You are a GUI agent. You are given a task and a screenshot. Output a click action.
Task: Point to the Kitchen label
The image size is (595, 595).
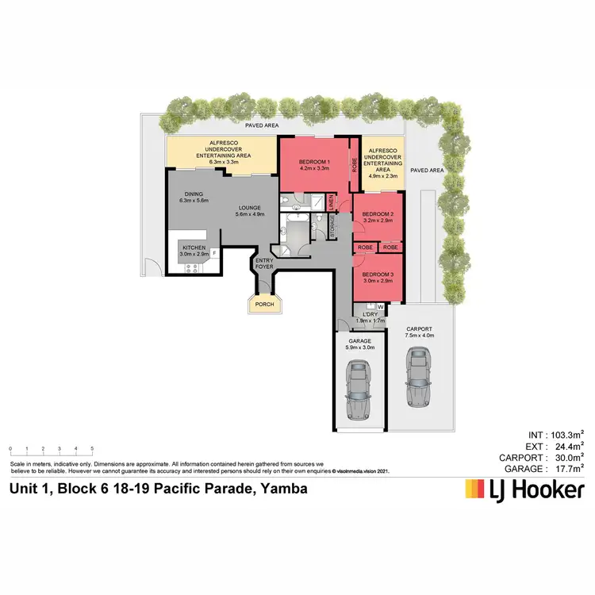tap(194, 248)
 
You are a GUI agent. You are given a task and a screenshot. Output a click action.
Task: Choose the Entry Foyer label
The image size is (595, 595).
tap(264, 263)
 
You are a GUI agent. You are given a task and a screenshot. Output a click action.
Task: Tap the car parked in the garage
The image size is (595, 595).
tap(359, 387)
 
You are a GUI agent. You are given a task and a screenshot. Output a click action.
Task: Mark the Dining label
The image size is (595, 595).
tap(194, 194)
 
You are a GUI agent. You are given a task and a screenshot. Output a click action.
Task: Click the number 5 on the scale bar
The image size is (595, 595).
tap(92, 449)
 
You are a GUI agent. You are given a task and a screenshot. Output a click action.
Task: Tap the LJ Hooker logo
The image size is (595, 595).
tap(524, 489)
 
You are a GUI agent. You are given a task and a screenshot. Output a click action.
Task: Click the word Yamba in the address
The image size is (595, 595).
tap(282, 489)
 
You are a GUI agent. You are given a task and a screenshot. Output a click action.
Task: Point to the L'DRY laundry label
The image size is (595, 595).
tap(370, 314)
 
